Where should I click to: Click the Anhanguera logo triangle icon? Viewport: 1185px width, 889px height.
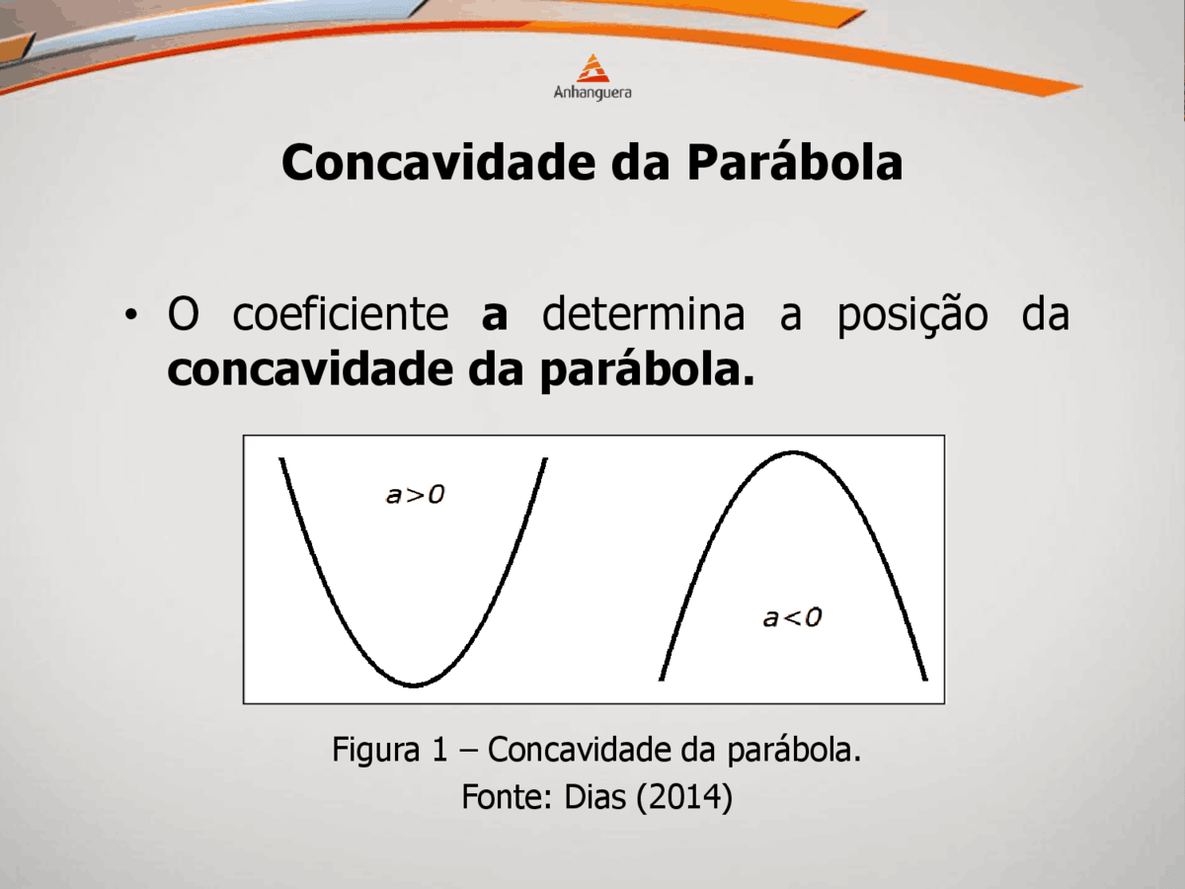592,68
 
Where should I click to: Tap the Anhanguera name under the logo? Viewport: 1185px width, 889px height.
592,93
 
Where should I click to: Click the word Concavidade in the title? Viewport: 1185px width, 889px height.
438,162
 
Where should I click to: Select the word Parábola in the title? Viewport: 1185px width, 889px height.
795,161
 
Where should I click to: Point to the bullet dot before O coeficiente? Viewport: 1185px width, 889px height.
130,315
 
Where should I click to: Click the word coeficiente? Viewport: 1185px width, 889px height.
341,313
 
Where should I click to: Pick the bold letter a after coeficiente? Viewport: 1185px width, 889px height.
495,317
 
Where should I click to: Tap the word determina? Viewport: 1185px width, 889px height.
644,313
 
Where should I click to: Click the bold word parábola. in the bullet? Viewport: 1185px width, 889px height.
647,370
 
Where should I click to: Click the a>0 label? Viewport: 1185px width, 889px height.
415,495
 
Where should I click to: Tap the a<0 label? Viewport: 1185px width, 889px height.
792,617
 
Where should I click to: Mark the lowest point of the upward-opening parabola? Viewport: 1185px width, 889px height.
414,686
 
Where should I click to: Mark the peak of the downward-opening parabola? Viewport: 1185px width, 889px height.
794,452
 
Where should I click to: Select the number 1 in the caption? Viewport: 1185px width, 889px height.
440,749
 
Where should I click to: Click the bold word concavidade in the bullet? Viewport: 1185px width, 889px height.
310,369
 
